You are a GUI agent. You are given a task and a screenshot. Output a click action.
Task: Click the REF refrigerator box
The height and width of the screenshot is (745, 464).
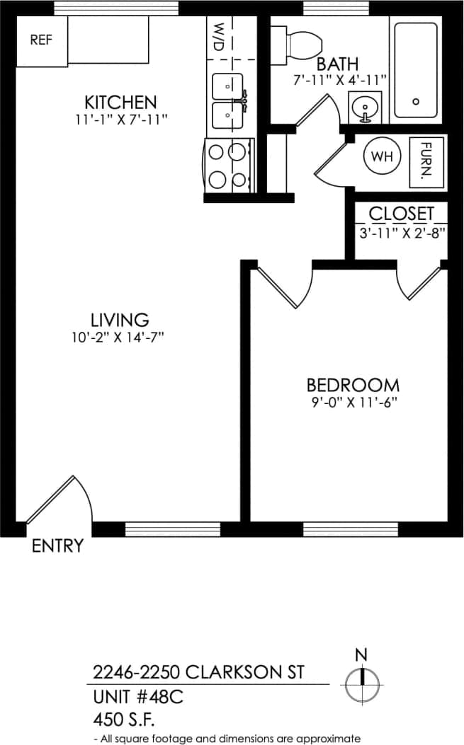click(x=41, y=41)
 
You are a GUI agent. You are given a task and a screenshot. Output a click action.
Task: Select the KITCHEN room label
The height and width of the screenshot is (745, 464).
click(x=120, y=101)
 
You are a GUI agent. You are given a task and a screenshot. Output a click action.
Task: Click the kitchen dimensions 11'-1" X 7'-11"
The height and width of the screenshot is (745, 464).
click(x=120, y=120)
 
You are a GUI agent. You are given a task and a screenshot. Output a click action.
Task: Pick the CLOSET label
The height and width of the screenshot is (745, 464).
click(x=401, y=214)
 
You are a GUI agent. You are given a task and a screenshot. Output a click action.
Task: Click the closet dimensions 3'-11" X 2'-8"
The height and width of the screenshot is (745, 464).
click(x=402, y=232)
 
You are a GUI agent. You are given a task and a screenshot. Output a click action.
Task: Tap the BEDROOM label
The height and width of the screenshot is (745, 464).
click(x=353, y=386)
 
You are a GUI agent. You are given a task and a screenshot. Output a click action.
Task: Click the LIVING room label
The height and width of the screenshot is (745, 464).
click(x=120, y=320)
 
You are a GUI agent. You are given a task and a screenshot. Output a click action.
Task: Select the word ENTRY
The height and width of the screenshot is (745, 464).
click(x=57, y=545)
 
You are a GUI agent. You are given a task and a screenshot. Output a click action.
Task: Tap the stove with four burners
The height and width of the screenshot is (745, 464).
click(x=229, y=165)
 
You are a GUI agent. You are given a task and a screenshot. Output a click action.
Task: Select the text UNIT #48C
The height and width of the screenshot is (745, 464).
click(x=138, y=697)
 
